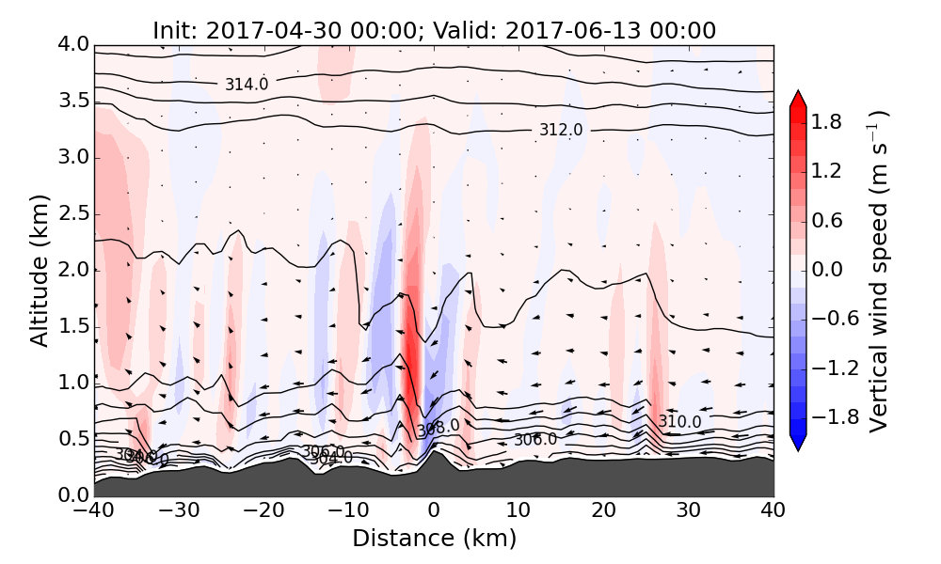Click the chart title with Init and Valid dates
tap(434, 30)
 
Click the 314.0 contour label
tap(247, 85)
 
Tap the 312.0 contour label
tap(561, 129)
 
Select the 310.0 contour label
tap(679, 421)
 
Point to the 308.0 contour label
tap(438, 427)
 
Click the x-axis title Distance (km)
tap(434, 539)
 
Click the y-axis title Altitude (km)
tap(40, 270)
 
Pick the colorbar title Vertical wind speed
tap(879, 271)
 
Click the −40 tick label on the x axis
tap(95, 512)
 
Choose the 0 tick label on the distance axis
tap(434, 512)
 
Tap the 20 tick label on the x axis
tap(603, 512)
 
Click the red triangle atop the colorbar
tap(798, 99)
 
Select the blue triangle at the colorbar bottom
tap(798, 443)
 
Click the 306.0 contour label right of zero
tap(535, 439)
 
